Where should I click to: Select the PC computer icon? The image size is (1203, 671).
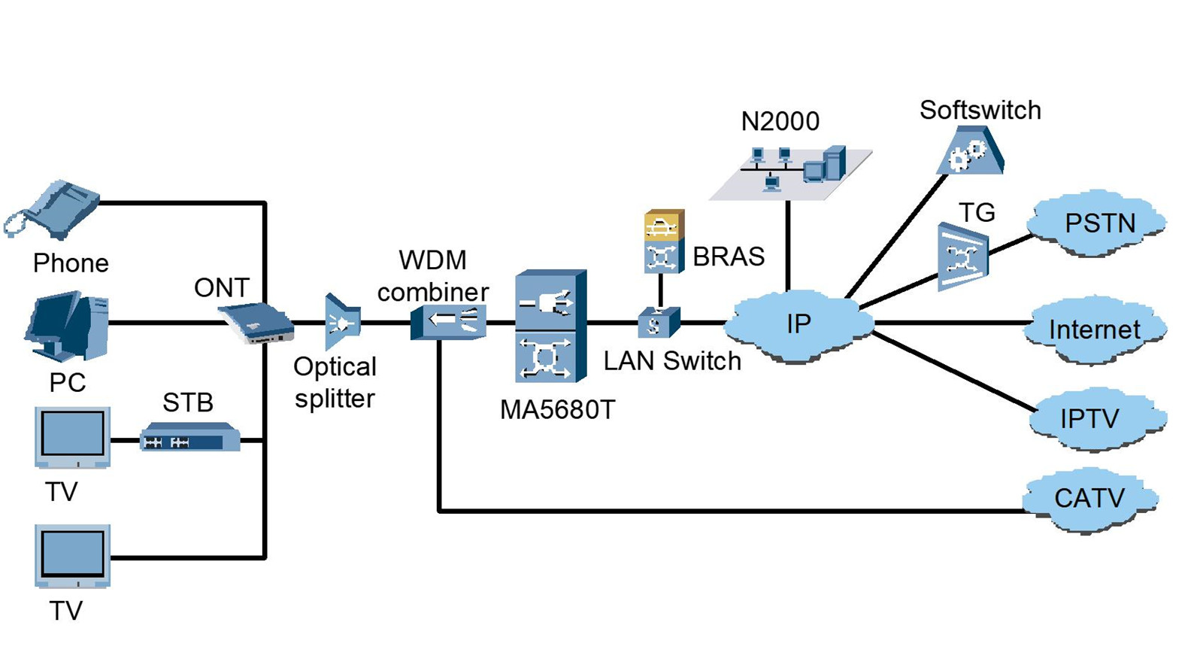pos(68,327)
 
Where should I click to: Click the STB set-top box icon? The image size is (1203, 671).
pos(189,437)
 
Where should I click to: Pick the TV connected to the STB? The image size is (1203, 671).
pos(72,438)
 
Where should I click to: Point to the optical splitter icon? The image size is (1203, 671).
pos(342,323)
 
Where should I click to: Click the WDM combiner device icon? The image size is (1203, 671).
pos(449,322)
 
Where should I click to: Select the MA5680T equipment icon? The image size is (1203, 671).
pos(550,326)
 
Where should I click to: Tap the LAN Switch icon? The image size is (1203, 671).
pos(659,323)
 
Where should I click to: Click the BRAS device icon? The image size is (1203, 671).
pos(664,241)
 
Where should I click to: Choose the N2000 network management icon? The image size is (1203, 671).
pos(790,172)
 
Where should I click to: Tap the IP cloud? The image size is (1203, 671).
pos(799,325)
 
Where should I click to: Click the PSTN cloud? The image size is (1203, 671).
pos(1098,224)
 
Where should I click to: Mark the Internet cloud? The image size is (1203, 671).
pos(1094,329)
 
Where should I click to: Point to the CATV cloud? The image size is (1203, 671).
pos(1089,499)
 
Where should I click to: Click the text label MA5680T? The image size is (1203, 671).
pos(557,410)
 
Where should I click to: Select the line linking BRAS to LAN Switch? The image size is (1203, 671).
pos(661,290)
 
